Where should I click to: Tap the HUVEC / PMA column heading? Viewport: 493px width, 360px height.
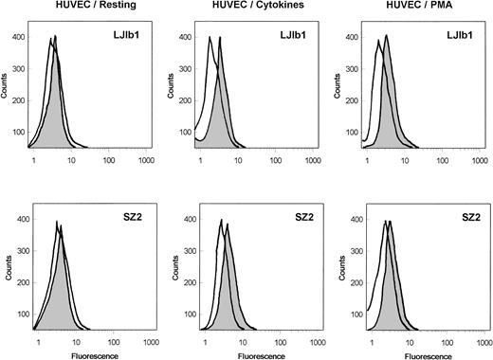411,8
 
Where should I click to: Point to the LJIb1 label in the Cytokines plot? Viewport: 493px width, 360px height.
295,35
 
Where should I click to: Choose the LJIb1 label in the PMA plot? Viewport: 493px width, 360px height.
460,35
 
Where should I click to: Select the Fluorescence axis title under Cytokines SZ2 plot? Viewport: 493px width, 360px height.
252,354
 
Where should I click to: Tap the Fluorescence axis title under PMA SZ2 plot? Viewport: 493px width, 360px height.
415,354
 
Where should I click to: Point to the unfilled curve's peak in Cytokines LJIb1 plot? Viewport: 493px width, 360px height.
210,39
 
